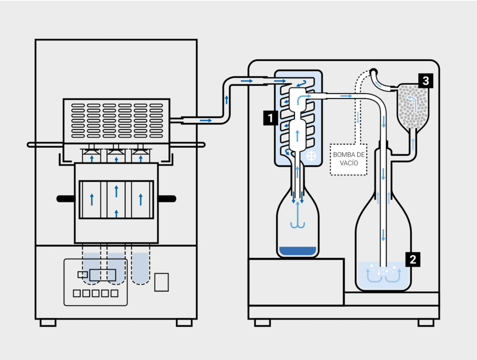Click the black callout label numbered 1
270,118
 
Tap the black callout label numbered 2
413,259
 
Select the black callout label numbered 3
426,81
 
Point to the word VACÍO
348,163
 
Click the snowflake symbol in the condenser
311,156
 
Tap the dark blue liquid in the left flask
298,251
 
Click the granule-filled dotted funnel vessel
413,108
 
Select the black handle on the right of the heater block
167,199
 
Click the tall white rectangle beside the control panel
162,282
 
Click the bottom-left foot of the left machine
48,323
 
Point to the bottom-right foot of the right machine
426,323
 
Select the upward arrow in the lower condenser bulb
297,136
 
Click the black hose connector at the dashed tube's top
374,72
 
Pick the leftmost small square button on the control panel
77,293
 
